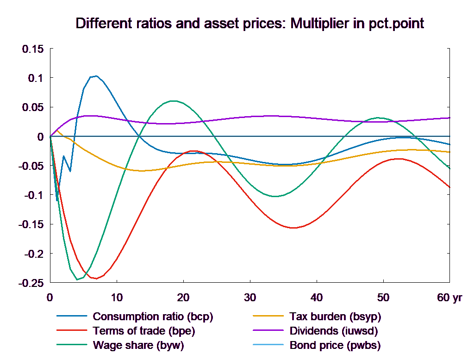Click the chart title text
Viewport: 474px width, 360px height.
[x=249, y=24]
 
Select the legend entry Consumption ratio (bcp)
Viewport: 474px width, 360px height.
[x=153, y=317]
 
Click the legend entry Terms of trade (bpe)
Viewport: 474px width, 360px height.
[x=143, y=331]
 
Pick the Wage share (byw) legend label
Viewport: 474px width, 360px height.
[x=138, y=345]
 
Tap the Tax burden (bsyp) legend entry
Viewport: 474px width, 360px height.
[x=335, y=317]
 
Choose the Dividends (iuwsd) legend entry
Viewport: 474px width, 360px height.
[x=333, y=331]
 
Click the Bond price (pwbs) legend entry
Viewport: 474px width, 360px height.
[x=335, y=345]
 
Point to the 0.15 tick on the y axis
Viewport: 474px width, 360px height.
[x=33, y=49]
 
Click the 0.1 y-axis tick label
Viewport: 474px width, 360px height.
[x=36, y=78]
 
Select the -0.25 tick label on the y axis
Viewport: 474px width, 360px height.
[x=31, y=283]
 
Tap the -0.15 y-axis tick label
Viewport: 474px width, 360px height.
[x=31, y=224]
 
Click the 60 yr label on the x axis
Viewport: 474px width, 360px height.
[x=449, y=298]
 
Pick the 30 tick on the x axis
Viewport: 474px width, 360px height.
[x=250, y=298]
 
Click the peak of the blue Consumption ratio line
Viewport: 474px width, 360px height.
[x=96, y=76]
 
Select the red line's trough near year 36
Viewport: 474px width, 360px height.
[x=293, y=228]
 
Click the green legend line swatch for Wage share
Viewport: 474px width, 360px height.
[x=72, y=345]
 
